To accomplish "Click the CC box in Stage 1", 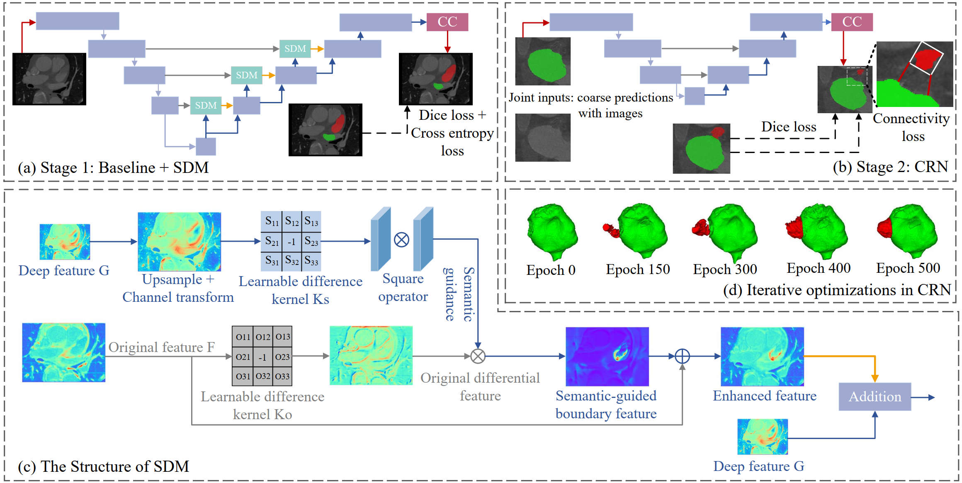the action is click(447, 22).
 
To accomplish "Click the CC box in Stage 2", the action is click(852, 22).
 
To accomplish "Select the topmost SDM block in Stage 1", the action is click(295, 49).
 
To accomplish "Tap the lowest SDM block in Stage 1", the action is click(206, 105).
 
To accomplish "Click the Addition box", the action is click(875, 397).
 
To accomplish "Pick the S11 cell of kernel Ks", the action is click(272, 221).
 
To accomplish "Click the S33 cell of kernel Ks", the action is click(311, 261).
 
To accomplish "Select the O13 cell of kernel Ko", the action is click(282, 337).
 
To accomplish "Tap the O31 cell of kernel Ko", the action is click(243, 376).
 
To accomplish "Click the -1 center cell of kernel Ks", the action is click(292, 241).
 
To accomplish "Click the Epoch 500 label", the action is click(908, 268).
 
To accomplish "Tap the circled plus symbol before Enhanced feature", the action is click(682, 356).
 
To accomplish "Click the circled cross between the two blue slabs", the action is click(401, 240).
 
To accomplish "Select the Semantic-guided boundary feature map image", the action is click(607, 357).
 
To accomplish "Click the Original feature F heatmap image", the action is click(64, 352).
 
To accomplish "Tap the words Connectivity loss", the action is click(911, 127).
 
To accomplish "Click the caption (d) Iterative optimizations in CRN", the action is click(837, 290).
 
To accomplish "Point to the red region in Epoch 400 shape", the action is click(794, 228).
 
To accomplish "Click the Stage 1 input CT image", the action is click(49, 79).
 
